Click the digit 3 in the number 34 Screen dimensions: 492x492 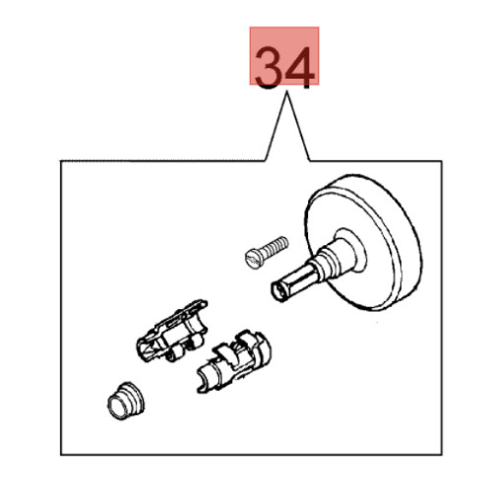click(268, 68)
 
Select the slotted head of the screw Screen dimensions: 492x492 click(254, 259)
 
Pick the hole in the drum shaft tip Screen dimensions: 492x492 click(280, 290)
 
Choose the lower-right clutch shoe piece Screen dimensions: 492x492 click(234, 361)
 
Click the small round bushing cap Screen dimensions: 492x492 click(126, 400)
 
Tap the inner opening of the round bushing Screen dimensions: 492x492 click(118, 406)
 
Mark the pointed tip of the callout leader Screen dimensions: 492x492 click(287, 92)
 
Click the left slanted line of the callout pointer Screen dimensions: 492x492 click(276, 127)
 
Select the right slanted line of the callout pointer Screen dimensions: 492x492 click(298, 127)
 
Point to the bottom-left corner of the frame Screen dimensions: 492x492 click(61, 455)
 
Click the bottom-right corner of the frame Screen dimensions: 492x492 click(442, 455)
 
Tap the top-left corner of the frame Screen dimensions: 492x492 click(61, 160)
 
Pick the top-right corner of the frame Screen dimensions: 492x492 click(442, 161)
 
